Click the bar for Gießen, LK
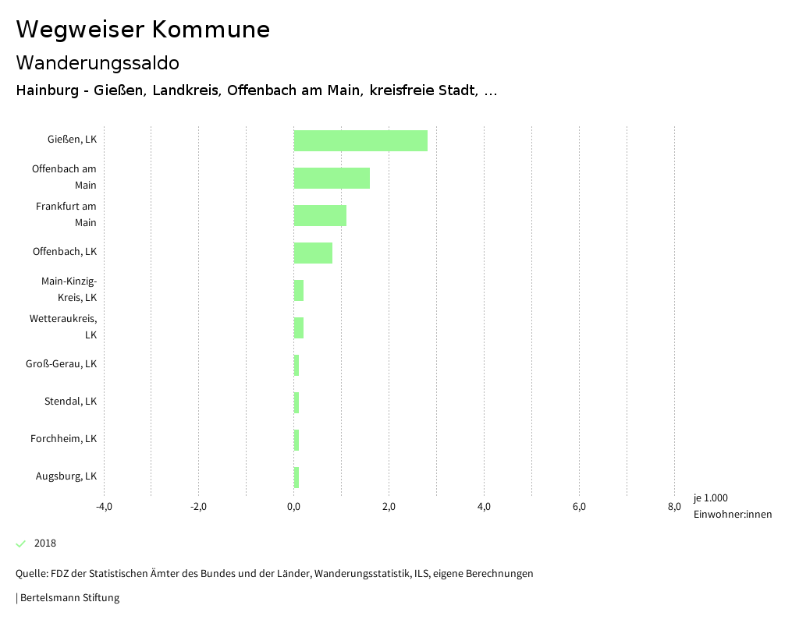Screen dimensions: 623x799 (360, 140)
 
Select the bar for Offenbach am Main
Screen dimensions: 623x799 (332, 178)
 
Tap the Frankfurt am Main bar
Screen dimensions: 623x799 (320, 215)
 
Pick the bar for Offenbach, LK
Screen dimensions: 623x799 (313, 253)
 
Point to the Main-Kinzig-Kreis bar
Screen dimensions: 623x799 (299, 290)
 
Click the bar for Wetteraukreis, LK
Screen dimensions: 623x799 (299, 327)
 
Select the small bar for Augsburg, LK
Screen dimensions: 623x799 (297, 477)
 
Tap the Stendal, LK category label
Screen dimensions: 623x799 (70, 402)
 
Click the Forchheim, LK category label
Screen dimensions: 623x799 (64, 439)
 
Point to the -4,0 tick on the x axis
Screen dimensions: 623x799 (104, 507)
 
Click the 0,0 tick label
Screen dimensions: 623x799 (294, 507)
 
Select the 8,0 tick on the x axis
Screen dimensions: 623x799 (674, 507)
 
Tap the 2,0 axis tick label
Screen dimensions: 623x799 (389, 507)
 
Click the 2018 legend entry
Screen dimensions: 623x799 (45, 543)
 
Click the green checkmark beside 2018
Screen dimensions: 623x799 (21, 543)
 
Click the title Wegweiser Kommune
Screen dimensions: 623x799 (143, 30)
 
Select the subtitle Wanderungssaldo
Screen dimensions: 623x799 (98, 62)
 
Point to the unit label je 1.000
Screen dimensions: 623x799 (710, 498)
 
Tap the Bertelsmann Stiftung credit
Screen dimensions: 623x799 (69, 598)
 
